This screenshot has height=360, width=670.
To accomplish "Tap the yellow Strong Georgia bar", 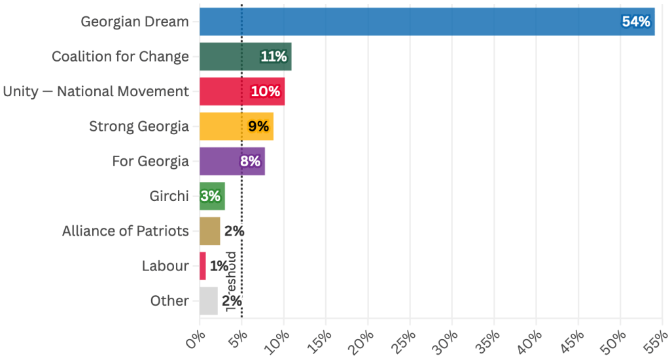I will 222,126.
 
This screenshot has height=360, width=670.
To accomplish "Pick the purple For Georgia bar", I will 219,161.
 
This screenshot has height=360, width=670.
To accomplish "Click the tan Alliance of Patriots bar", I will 209,230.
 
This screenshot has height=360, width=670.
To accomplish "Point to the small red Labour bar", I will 203,266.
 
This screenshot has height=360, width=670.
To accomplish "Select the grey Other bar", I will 208,301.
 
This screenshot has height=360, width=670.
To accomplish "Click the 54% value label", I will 636,22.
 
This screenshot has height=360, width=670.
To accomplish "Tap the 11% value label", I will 273,57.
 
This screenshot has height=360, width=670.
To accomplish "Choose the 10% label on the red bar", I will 266,92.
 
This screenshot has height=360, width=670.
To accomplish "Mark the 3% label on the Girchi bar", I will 211,196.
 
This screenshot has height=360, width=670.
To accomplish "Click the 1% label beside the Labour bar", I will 219,266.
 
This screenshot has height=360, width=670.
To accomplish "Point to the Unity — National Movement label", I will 96,92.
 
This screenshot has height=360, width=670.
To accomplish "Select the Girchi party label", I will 169,196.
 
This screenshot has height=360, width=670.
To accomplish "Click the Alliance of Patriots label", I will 125,230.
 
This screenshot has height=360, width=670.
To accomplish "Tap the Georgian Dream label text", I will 135,22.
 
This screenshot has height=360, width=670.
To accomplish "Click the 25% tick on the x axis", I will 406,340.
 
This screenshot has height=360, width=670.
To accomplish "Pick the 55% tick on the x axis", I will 657,340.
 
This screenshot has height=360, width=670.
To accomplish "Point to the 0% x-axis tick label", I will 195,340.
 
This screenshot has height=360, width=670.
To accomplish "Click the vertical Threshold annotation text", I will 230,281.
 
